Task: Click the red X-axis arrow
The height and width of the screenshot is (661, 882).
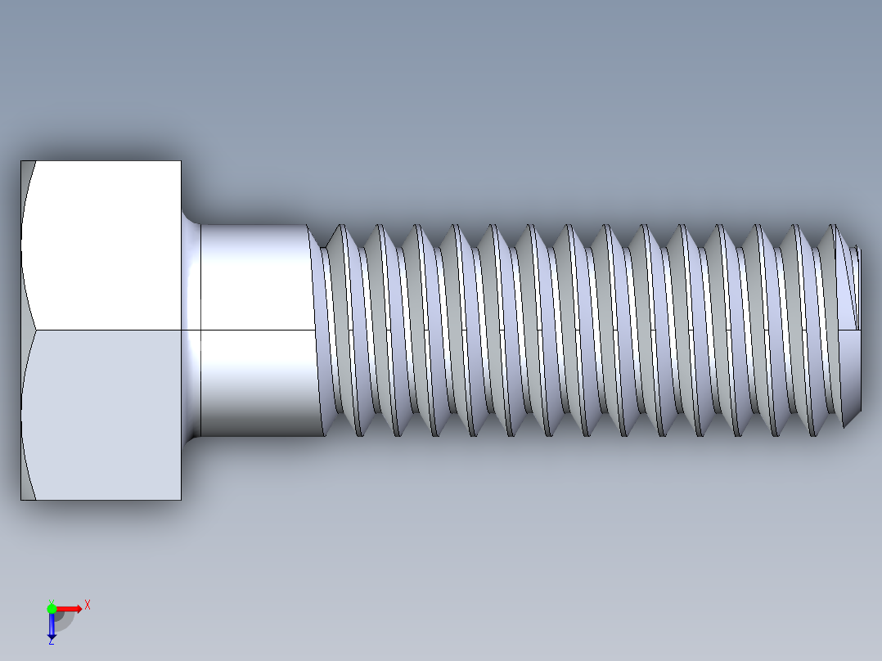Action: click(x=70, y=608)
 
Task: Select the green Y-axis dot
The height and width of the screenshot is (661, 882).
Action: click(x=52, y=608)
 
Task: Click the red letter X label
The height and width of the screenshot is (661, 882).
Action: click(x=87, y=605)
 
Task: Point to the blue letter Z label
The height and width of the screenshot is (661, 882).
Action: click(x=51, y=642)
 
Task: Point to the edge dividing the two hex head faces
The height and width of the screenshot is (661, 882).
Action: click(x=106, y=330)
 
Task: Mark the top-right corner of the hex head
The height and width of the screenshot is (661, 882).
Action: click(x=181, y=161)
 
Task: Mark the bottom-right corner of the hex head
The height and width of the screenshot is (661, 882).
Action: click(x=181, y=499)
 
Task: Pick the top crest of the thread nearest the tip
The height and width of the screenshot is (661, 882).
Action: click(x=833, y=227)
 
